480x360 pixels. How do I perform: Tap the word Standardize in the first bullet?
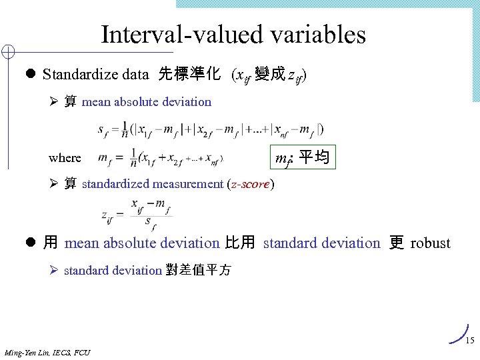click(x=73, y=74)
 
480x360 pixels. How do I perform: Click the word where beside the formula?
click(x=65, y=158)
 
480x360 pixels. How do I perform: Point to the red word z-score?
click(x=250, y=184)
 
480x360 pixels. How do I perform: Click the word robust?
click(x=430, y=243)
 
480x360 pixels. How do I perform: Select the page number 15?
click(x=469, y=341)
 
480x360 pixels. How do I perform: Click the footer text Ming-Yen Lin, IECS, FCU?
click(x=47, y=352)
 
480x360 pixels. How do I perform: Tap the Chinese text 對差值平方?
click(x=198, y=271)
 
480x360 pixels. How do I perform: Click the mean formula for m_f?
click(x=160, y=158)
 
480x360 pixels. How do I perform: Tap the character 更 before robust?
click(x=396, y=243)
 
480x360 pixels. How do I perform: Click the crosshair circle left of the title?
click(x=8, y=52)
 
